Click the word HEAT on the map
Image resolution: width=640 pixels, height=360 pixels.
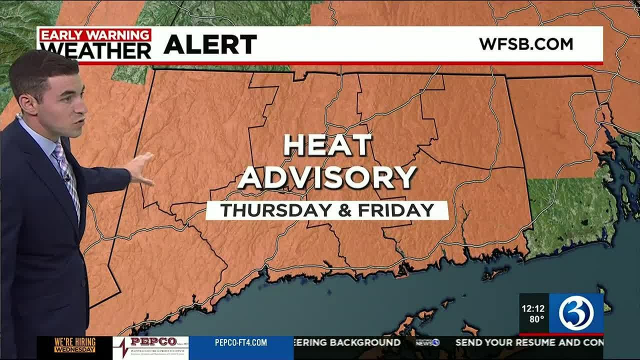coord(328,145)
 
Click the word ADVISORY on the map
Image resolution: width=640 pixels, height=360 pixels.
coord(327,177)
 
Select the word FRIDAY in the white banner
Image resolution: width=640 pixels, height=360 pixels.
coord(396,210)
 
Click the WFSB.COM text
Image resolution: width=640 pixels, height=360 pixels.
coord(526,44)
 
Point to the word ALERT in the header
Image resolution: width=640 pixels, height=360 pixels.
coord(210,45)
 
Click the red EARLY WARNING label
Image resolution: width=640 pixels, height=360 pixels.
coord(95,35)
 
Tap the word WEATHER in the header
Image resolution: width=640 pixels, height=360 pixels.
coord(95,50)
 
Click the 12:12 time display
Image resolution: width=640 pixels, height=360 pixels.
coord(533,308)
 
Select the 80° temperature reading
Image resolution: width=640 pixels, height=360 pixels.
coord(536,319)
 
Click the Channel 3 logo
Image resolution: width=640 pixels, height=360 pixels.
coord(576,313)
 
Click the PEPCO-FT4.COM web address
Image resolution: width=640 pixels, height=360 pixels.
coord(241,343)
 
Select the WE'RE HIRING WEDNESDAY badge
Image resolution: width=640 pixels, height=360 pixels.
coord(74,345)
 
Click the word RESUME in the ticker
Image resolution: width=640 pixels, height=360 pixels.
coord(543,342)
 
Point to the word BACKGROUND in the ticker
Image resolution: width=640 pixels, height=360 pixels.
coord(364,342)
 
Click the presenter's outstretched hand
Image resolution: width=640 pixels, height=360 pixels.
coord(140,168)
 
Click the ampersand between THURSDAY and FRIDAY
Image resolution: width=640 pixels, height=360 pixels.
coord(345,210)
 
